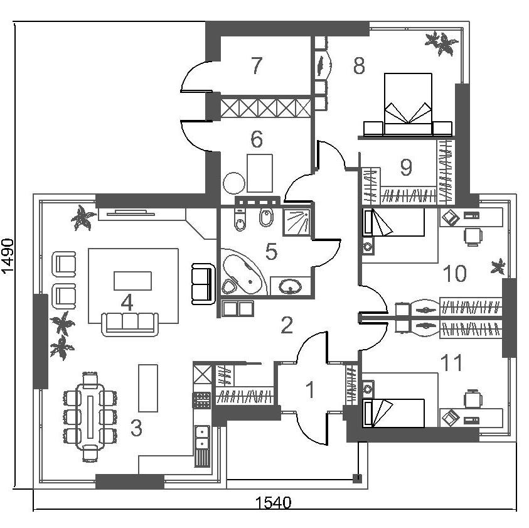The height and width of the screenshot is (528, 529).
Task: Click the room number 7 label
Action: [255, 65]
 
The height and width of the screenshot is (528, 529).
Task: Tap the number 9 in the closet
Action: [406, 168]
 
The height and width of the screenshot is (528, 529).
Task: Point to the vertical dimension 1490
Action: [8, 256]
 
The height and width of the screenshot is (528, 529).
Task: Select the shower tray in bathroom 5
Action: [297, 222]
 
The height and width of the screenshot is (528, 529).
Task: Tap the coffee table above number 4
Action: [132, 280]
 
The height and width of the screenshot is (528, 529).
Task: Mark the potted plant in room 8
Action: [441, 44]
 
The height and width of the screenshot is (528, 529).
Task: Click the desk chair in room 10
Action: [472, 237]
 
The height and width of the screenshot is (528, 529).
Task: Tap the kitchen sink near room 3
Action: [202, 436]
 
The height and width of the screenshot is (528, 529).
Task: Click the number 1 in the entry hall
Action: [309, 390]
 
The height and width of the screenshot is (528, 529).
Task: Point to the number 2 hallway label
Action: [287, 325]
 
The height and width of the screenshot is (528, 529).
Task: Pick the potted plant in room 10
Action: [499, 266]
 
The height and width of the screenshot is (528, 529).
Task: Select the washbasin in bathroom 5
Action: [290, 288]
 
